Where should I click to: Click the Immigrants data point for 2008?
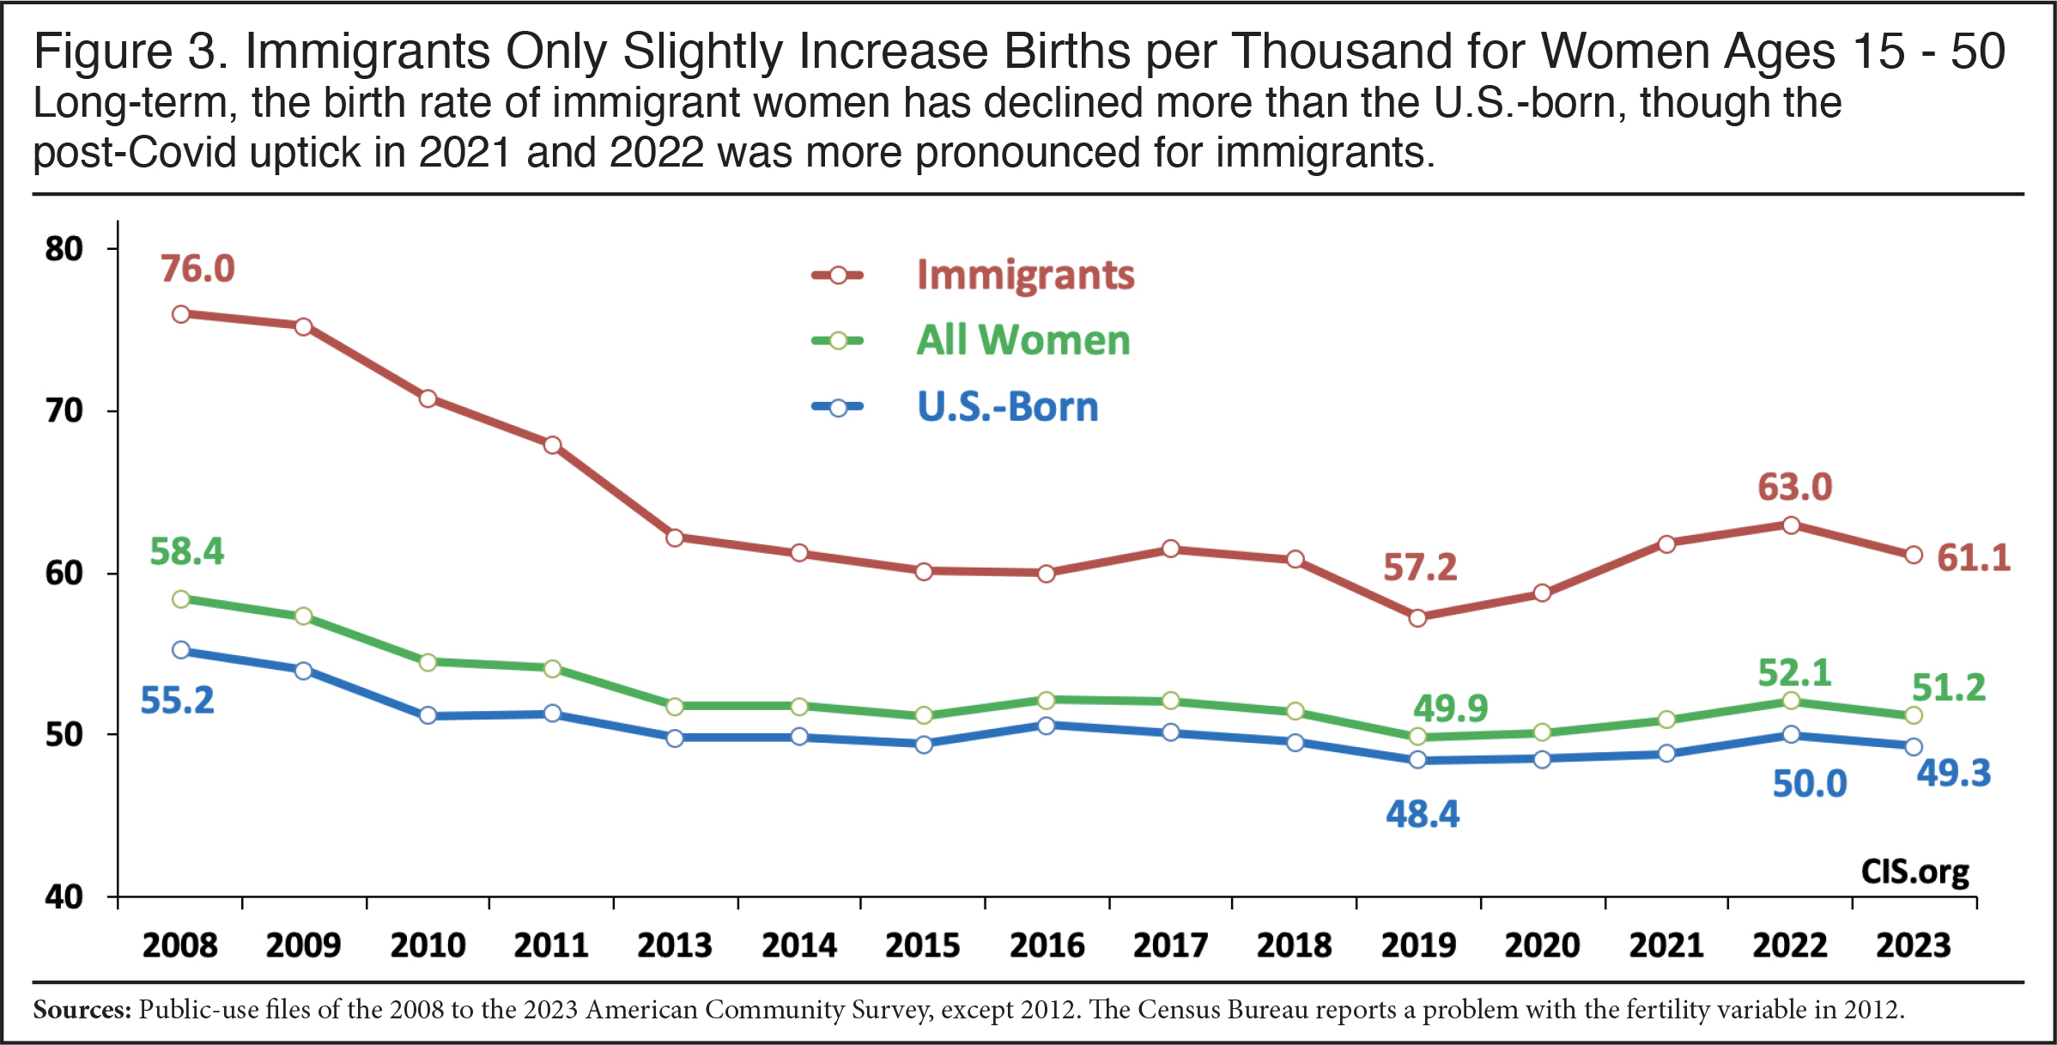tap(181, 314)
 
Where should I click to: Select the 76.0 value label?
tap(197, 269)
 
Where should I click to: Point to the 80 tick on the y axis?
tap(64, 249)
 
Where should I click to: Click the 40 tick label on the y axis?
tap(64, 897)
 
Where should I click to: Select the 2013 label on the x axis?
tap(675, 945)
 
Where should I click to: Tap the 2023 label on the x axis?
tap(1914, 945)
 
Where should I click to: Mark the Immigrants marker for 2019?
tap(1417, 617)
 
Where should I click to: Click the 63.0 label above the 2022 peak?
tap(1795, 487)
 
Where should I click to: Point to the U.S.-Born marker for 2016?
tap(1046, 726)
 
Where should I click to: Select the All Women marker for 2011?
tap(552, 668)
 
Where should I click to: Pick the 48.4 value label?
tap(1423, 813)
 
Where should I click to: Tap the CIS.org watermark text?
tap(1914, 871)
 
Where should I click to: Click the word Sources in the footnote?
tap(82, 1009)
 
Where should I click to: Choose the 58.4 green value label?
tap(186, 551)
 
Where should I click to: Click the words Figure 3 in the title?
tap(129, 52)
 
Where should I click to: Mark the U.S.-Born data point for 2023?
tap(1913, 747)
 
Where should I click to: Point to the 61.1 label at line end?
tap(1974, 558)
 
